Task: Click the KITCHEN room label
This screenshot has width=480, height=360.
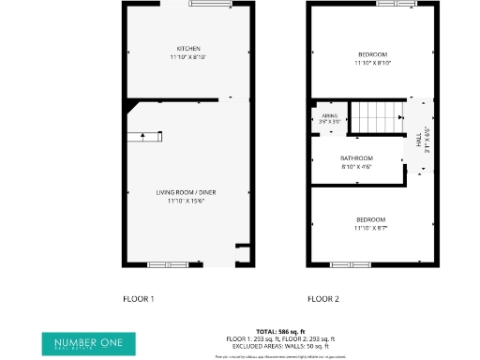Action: pyautogui.click(x=188, y=49)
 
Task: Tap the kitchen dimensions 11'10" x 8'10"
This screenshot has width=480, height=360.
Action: pyautogui.click(x=188, y=57)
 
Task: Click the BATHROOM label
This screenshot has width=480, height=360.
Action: pyautogui.click(x=356, y=157)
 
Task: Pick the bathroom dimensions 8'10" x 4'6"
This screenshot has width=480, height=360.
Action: pyautogui.click(x=356, y=166)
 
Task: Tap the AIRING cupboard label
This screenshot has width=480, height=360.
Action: pyautogui.click(x=329, y=115)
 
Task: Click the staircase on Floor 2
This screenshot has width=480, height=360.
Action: pyautogui.click(x=373, y=117)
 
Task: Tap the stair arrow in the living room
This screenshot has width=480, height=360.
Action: pyautogui.click(x=142, y=137)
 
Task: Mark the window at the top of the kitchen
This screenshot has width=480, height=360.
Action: pyautogui.click(x=211, y=4)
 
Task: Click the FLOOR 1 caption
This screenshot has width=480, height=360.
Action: pyautogui.click(x=138, y=300)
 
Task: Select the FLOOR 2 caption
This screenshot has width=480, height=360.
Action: pyautogui.click(x=322, y=300)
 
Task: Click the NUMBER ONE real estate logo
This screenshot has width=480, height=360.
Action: pyautogui.click(x=88, y=342)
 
